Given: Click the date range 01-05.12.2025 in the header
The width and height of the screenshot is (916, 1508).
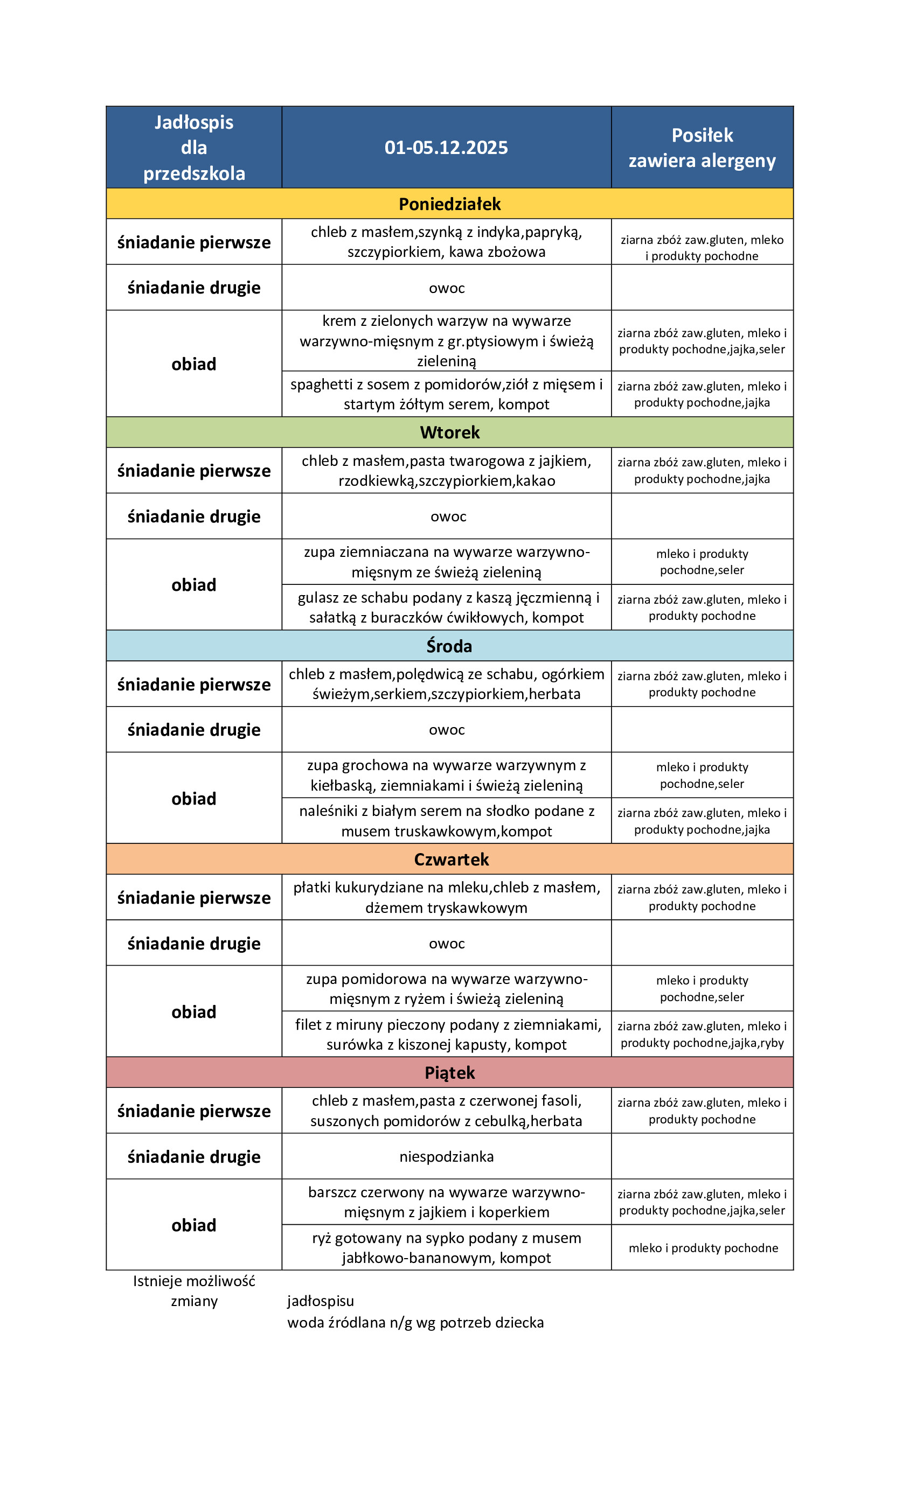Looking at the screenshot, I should coord(446,148).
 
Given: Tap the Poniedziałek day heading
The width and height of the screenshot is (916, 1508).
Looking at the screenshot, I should coord(449,204).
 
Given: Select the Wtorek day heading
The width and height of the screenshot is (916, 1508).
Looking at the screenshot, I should coord(449,432).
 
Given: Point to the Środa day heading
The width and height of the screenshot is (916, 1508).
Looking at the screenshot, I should coord(449,646).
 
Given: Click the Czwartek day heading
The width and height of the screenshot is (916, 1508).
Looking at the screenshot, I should coord(452,859).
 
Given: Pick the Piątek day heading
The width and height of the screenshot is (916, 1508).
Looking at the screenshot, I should coord(449,1073).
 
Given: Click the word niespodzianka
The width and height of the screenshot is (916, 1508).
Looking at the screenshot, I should coord(446,1157).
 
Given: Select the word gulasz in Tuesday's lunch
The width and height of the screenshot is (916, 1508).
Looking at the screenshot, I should coord(318,598).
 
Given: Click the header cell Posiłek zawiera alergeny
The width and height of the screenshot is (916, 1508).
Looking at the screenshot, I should coord(702,148).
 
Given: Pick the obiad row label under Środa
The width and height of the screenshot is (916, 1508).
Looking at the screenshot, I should coord(193,799).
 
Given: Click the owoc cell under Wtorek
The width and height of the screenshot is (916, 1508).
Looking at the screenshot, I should coord(448,516).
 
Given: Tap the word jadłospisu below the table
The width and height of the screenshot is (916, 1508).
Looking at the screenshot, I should coord(320,1301).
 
